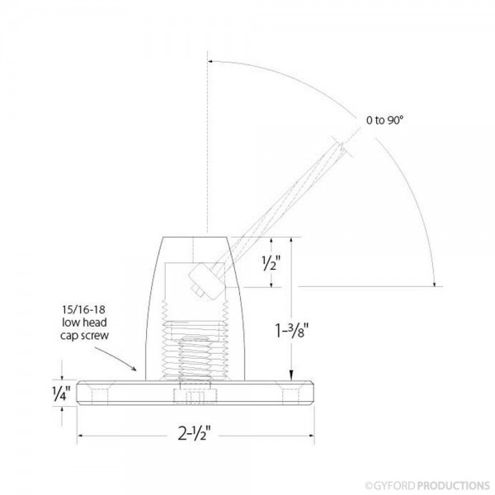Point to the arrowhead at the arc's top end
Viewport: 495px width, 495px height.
pos(212,60)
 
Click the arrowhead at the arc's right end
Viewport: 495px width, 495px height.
pos(435,283)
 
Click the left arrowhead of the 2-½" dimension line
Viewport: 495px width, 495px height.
pos(82,436)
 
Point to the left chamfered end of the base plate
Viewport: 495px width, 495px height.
pos(82,392)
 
